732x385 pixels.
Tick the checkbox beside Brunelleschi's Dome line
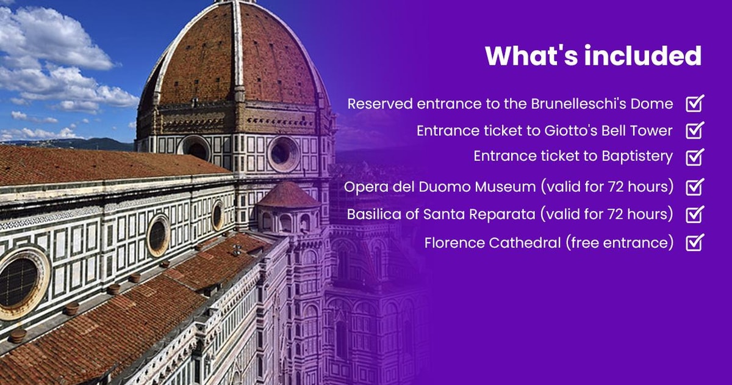tap(695, 103)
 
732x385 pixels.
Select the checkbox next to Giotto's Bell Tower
tap(695, 130)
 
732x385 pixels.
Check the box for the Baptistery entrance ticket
tap(695, 156)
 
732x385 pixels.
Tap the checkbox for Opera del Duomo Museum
tap(695, 186)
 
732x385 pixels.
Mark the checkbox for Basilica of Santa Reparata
tap(695, 215)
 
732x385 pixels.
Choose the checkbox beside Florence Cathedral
tap(695, 243)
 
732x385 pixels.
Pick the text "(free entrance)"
tap(619, 243)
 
